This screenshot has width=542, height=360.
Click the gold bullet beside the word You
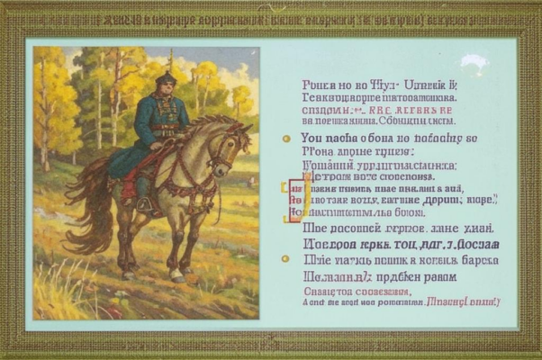tap(286, 139)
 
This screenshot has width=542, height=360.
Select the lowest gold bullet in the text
tap(286, 258)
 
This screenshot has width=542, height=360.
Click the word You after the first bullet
tap(311, 139)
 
